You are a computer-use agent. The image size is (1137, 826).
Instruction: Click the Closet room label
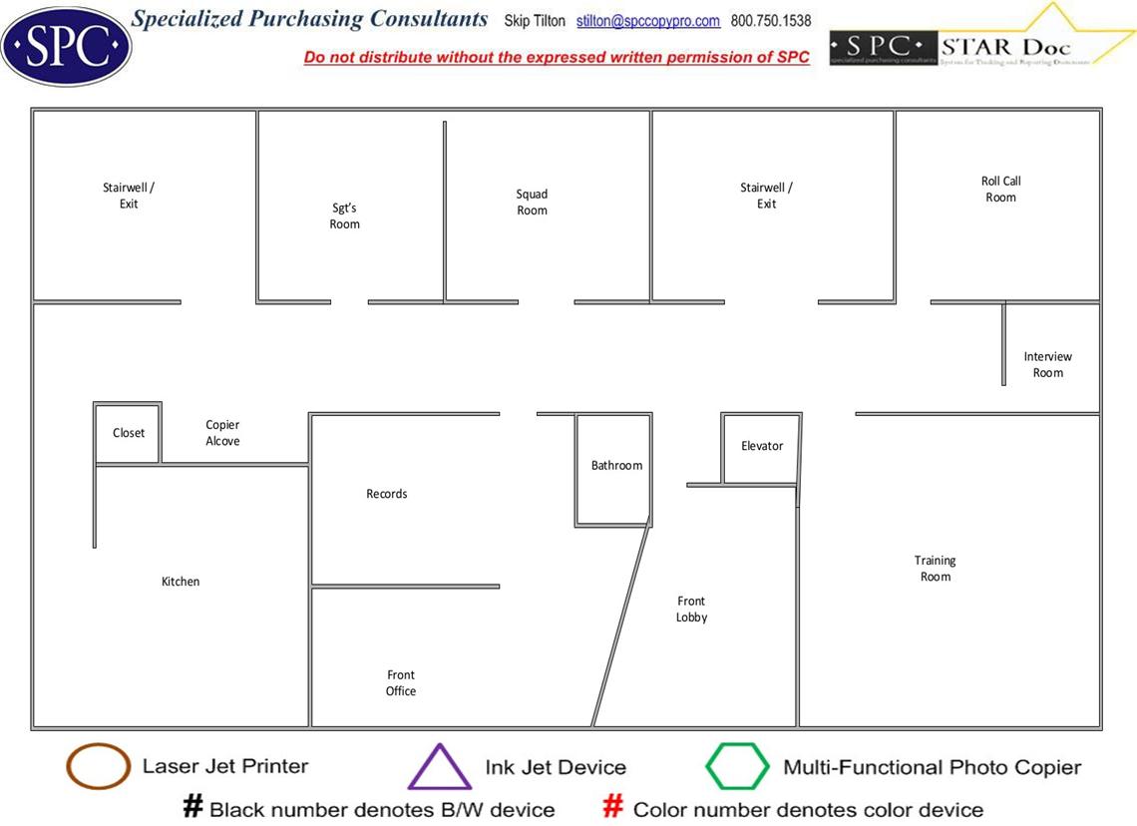point(129,433)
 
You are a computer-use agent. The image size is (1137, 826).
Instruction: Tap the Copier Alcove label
point(222,433)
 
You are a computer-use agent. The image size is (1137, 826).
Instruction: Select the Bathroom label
point(616,466)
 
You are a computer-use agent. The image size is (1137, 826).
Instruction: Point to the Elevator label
point(762,446)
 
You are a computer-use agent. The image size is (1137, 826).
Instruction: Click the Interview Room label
point(1047,364)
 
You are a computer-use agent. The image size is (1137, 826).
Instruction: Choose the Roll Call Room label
point(1000,190)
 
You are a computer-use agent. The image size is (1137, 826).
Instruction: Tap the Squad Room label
point(532,203)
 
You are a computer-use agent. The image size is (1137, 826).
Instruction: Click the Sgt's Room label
point(345,216)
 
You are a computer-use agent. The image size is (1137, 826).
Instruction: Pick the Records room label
point(387,494)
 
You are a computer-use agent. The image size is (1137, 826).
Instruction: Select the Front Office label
point(401,683)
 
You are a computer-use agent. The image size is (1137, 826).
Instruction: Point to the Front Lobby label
point(691,610)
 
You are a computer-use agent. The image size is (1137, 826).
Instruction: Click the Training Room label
point(936,569)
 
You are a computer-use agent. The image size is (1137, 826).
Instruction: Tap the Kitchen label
point(181,582)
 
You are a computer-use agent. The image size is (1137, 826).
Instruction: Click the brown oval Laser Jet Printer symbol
point(98,767)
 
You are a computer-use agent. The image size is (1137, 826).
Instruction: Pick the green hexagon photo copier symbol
point(738,767)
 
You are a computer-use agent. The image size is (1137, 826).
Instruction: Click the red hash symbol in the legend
point(613,807)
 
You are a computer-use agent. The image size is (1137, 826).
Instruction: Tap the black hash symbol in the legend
point(192,807)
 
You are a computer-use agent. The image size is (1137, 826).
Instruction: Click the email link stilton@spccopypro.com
point(648,21)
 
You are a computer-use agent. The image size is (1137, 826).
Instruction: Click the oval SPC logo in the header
point(66,46)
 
